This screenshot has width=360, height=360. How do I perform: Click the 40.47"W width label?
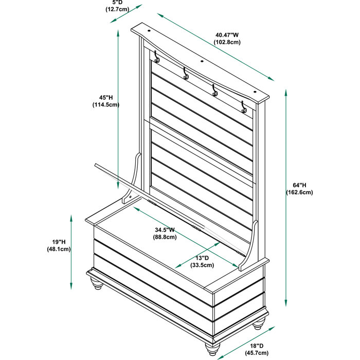point(227,35)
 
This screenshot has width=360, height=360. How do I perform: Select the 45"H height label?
point(106,97)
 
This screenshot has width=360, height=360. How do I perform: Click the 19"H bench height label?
point(58,242)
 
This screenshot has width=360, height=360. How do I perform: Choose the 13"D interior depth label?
point(202,258)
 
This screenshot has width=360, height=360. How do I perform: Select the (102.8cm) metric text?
point(227,42)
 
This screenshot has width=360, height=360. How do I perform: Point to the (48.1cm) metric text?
point(58,249)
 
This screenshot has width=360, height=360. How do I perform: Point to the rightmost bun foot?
point(260,322)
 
